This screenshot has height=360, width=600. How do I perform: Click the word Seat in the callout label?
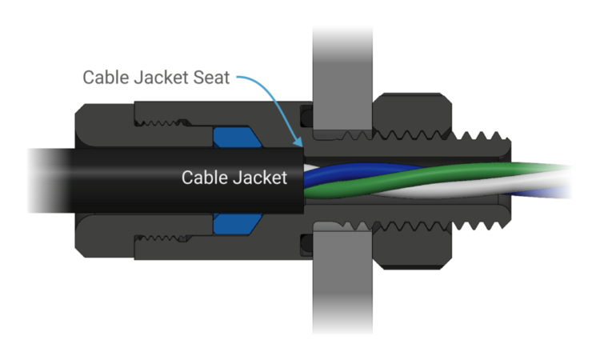tap(211, 78)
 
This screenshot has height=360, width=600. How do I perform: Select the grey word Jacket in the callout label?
tap(161, 78)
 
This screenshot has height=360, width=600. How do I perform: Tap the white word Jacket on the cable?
tap(261, 178)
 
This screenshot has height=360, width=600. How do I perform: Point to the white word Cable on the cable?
tap(204, 178)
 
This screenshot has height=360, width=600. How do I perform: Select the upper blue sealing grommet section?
tap(238, 138)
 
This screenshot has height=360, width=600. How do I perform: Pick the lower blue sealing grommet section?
tap(238, 224)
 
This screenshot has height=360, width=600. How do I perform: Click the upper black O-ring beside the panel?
tap(306, 118)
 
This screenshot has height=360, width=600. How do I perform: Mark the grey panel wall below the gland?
tap(342, 283)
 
